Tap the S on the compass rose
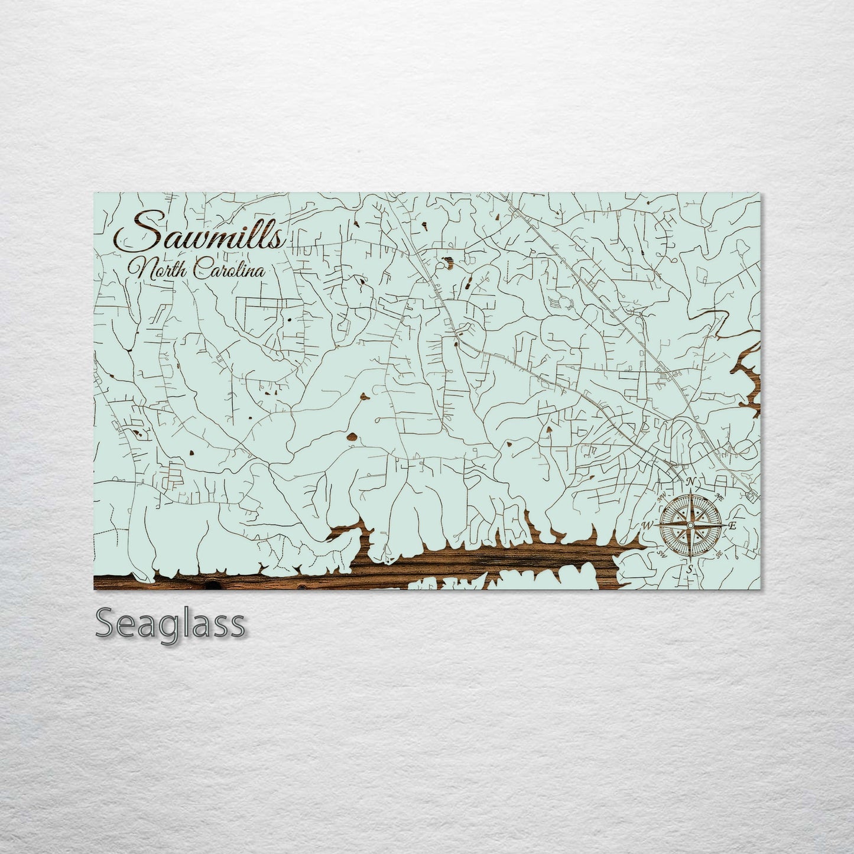[x=689, y=569]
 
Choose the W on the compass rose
[x=648, y=525]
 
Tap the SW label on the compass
[x=662, y=554]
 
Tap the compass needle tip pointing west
[x=657, y=525]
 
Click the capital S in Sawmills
[x=135, y=234]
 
